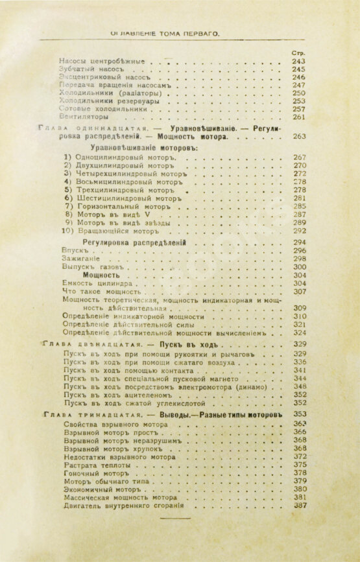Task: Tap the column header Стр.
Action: click(300, 52)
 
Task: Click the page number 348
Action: click(299, 385)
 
